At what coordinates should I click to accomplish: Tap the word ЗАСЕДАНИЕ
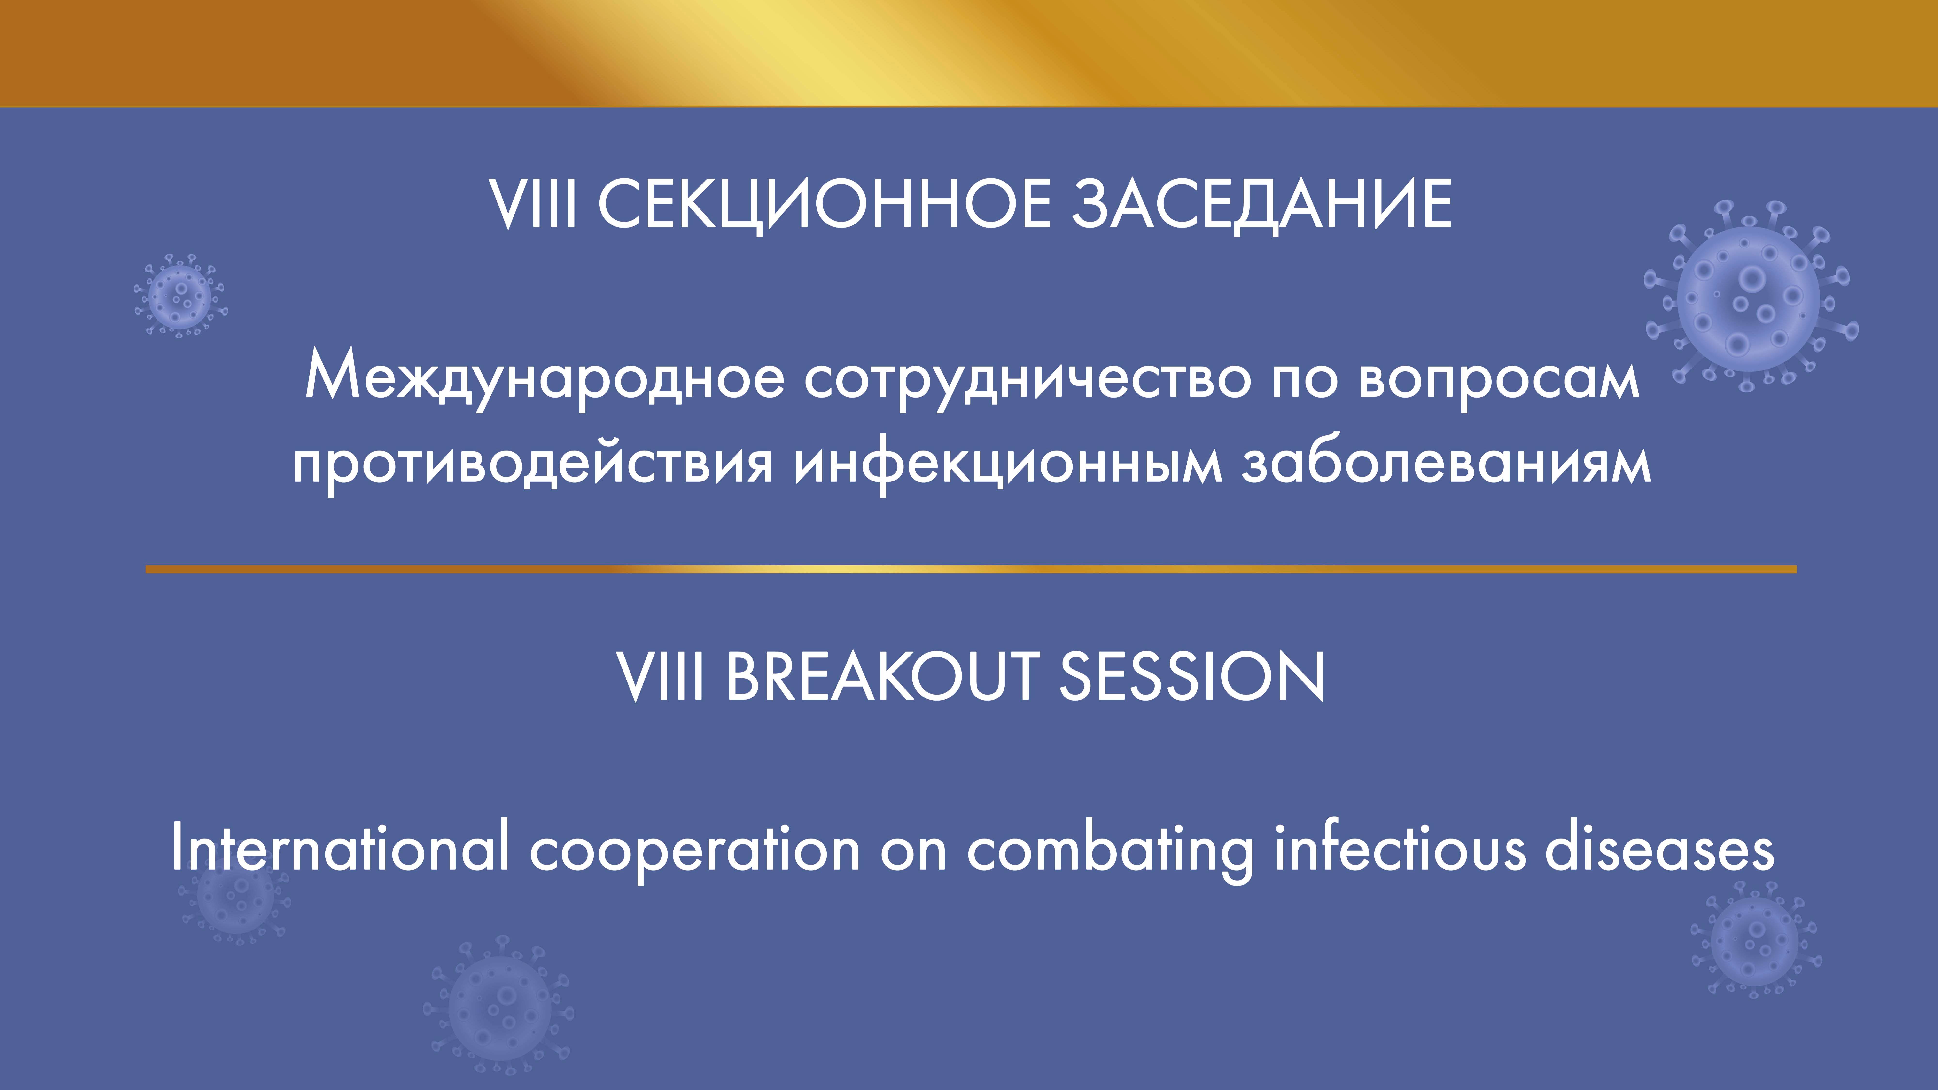tap(1262, 204)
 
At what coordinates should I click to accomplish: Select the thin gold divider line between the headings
tap(971, 569)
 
